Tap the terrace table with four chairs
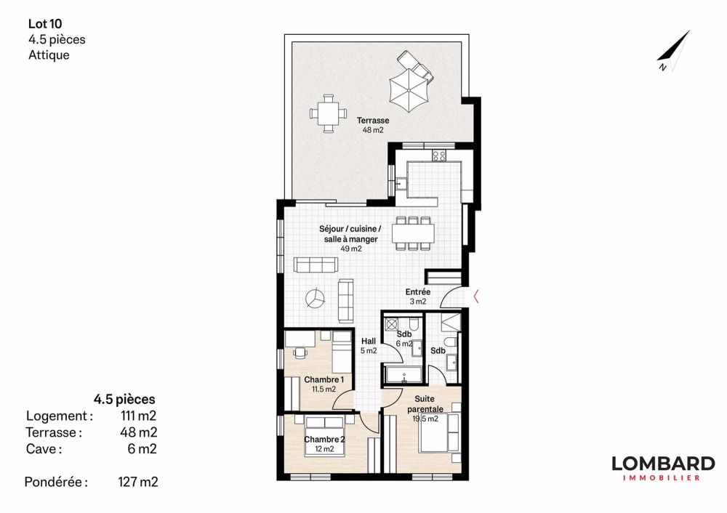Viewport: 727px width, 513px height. [x=329, y=113]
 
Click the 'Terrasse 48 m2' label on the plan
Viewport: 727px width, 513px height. [x=373, y=125]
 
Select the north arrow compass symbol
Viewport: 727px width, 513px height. [x=673, y=51]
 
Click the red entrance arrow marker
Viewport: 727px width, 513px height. [x=475, y=296]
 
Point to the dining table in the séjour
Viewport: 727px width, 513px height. [x=413, y=233]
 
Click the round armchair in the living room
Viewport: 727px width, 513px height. [x=316, y=298]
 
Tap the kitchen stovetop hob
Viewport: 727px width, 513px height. [x=438, y=155]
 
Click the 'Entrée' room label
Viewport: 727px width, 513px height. [x=418, y=292]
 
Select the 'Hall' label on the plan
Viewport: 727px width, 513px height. [x=369, y=341]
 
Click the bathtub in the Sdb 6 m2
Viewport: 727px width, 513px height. [x=403, y=375]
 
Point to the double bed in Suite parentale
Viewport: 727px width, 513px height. [x=439, y=433]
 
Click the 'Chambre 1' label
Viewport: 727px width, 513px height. [x=324, y=379]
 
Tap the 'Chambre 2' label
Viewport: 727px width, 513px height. [x=324, y=440]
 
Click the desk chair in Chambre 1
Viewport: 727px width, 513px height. [x=301, y=352]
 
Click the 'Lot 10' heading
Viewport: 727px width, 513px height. [x=45, y=24]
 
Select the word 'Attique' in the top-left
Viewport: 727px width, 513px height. [x=49, y=54]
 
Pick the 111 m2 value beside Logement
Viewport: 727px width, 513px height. [x=138, y=416]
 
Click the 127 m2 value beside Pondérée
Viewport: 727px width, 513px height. [x=138, y=482]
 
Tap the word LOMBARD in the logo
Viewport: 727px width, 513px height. [x=663, y=464]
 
